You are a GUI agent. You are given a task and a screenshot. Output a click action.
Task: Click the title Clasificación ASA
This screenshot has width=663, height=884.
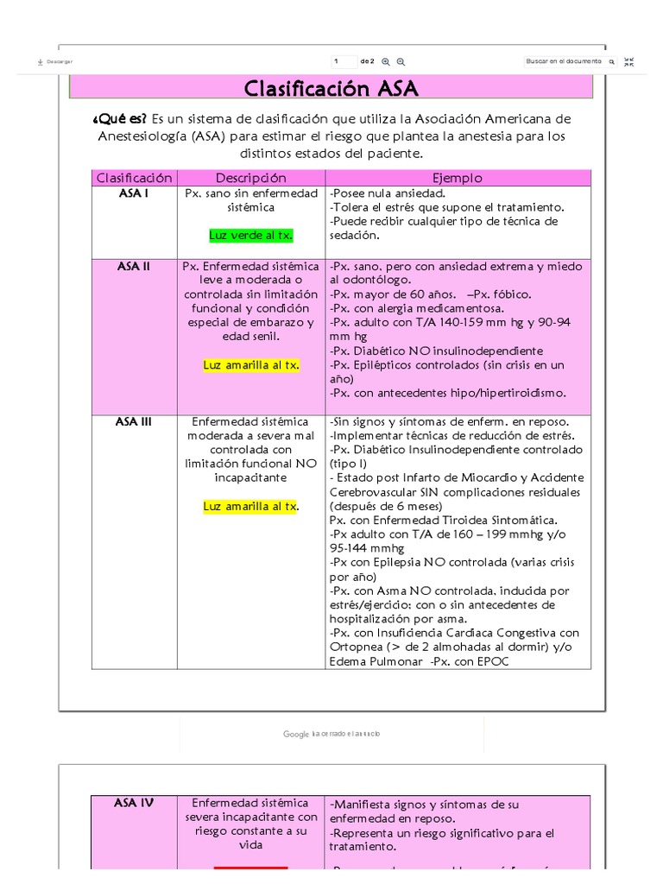point(331,88)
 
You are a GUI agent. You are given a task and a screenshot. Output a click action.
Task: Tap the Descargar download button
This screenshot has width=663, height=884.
point(55,62)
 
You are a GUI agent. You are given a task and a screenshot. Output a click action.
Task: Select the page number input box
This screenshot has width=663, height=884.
point(344,61)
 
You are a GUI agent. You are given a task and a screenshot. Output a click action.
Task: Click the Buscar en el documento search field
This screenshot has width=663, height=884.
point(565,61)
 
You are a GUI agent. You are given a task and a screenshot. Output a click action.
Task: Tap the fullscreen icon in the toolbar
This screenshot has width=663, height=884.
point(628,61)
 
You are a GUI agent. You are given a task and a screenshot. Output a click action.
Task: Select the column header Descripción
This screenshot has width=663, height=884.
point(250,178)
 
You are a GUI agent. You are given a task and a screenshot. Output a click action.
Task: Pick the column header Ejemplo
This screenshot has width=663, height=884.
point(458,178)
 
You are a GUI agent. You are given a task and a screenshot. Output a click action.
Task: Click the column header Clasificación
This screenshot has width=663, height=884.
point(135,178)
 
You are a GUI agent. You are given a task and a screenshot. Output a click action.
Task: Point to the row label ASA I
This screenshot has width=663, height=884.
point(134,193)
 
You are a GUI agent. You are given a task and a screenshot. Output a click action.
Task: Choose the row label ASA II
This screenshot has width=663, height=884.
point(134,266)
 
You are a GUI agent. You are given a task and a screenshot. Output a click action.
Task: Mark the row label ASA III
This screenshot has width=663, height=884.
point(134,421)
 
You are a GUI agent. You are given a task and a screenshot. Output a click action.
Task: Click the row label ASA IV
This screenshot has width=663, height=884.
point(134,803)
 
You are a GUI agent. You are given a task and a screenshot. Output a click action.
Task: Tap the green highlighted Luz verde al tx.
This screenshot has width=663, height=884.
point(251,235)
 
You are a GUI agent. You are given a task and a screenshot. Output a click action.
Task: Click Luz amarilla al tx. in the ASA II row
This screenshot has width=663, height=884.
point(251,365)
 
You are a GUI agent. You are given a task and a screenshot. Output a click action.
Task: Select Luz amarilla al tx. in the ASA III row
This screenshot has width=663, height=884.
point(250,506)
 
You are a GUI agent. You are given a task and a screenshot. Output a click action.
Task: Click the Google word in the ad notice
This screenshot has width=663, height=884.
point(296,734)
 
